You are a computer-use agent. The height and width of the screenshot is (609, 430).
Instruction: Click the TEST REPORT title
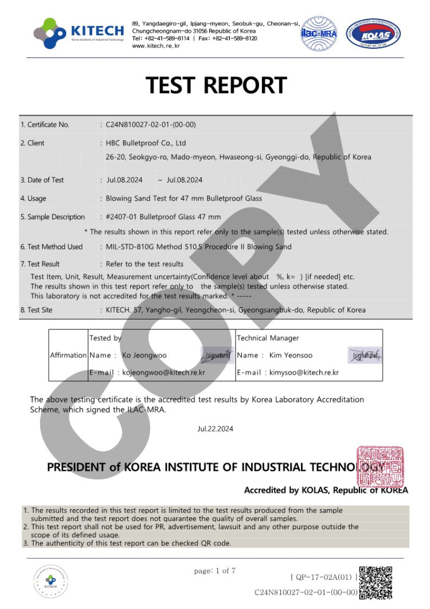(x=216, y=85)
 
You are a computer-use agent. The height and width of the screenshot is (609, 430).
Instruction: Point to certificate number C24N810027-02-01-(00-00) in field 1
(x=151, y=124)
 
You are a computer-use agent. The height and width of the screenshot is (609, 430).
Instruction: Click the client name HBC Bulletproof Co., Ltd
(x=146, y=143)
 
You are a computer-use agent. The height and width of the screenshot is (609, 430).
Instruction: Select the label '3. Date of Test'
(x=42, y=180)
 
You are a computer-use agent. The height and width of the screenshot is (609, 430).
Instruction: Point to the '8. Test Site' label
(x=40, y=310)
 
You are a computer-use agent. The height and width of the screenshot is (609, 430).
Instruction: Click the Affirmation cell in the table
(x=68, y=355)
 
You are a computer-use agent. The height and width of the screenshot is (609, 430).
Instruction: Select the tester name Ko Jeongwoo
(x=144, y=356)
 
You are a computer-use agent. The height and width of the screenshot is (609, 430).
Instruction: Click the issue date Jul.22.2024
(x=215, y=428)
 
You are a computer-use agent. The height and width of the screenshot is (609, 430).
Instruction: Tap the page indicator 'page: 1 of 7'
(x=215, y=571)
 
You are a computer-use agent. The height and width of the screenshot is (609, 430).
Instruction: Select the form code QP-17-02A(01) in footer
(x=325, y=576)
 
